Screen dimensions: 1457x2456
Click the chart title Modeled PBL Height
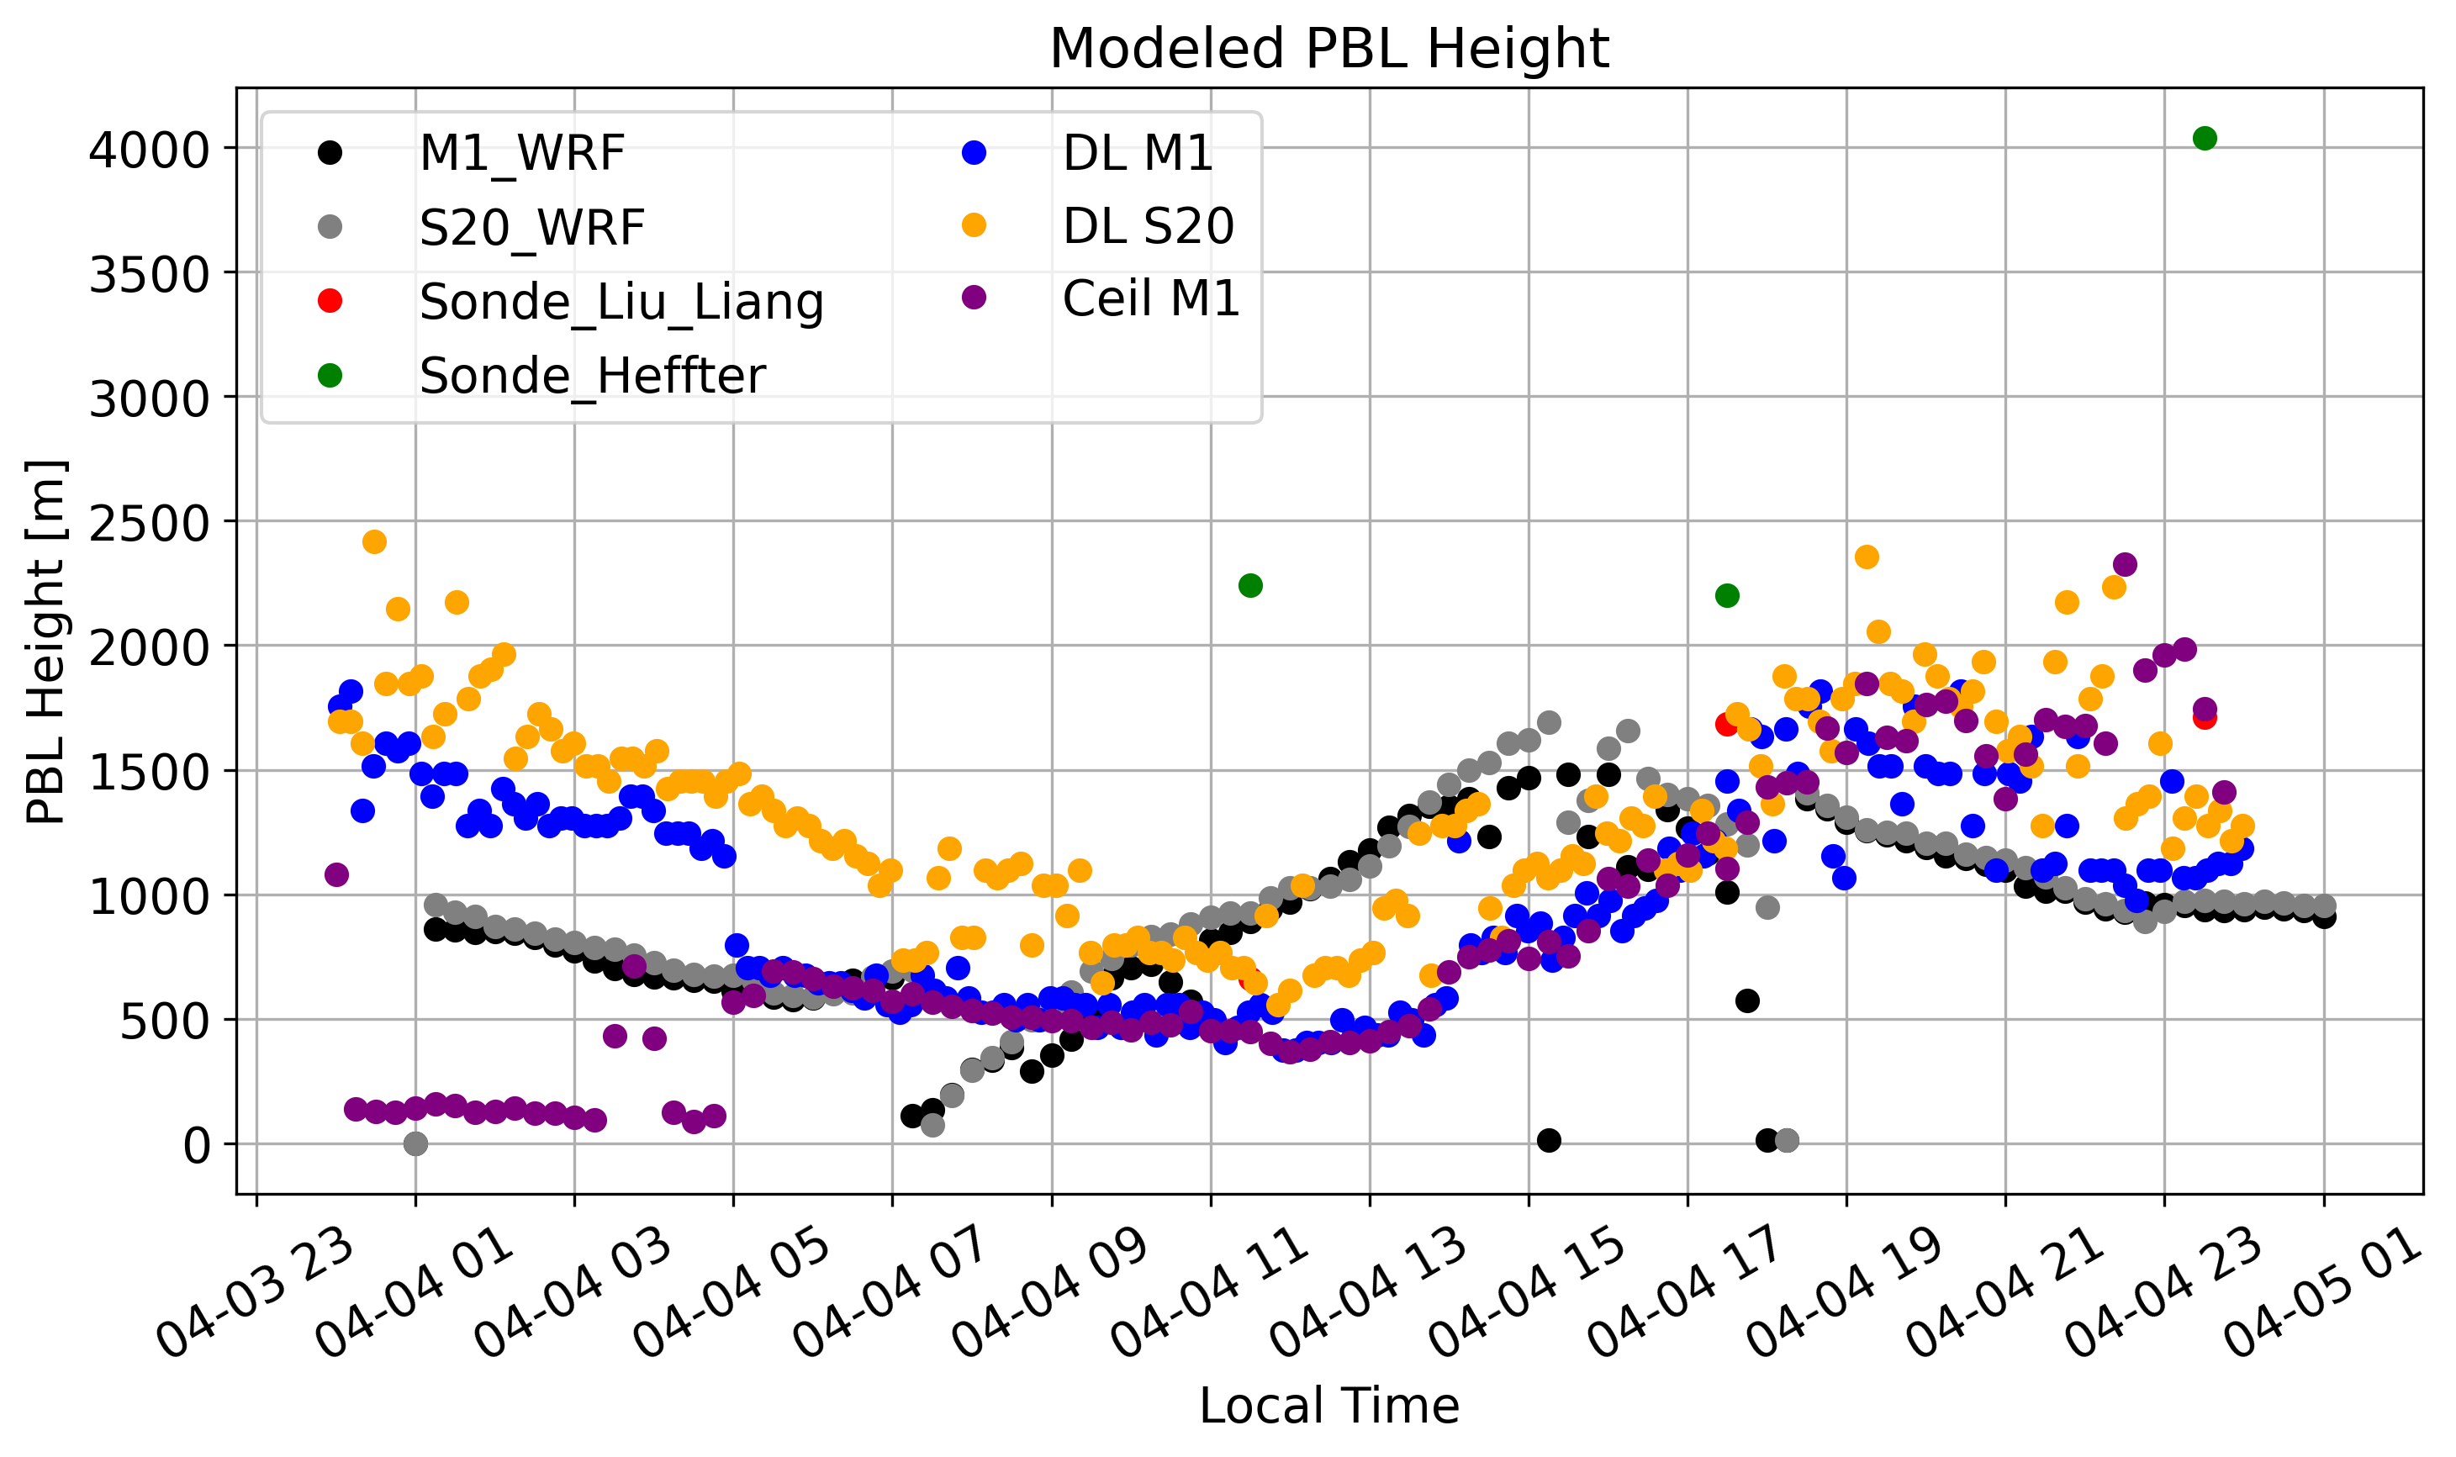click(x=1328, y=48)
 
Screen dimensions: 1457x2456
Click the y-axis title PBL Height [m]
click(x=45, y=642)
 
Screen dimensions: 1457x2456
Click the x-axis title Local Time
click(x=1328, y=1405)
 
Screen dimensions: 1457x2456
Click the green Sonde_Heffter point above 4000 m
click(x=2204, y=139)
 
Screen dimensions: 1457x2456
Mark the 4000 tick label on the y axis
click(x=149, y=150)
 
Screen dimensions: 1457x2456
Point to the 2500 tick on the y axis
click(x=149, y=523)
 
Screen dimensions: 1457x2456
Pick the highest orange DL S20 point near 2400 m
click(x=374, y=542)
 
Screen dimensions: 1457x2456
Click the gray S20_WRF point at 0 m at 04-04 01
click(x=415, y=1143)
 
